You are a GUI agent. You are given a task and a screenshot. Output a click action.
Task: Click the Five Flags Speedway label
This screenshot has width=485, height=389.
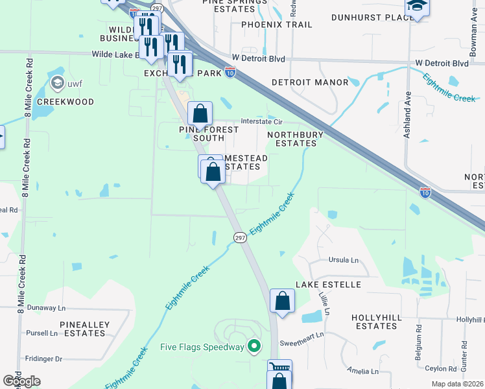click(202, 347)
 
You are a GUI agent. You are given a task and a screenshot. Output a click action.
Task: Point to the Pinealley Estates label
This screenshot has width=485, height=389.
click(84, 328)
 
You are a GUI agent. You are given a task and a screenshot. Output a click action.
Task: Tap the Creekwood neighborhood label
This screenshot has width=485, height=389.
click(65, 102)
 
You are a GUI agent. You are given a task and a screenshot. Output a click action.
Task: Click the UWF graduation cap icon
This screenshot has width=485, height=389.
click(58, 84)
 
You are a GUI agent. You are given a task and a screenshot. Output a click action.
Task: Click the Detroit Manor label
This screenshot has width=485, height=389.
click(310, 82)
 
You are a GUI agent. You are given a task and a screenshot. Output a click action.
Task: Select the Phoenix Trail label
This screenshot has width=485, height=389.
click(276, 25)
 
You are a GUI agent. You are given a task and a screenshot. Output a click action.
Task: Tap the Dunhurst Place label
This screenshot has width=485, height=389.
click(372, 17)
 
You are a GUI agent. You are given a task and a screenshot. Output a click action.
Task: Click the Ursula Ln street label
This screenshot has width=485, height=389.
click(344, 260)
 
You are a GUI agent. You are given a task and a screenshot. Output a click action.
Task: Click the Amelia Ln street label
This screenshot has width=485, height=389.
click(362, 371)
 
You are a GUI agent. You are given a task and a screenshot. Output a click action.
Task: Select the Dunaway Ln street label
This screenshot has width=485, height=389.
click(44, 308)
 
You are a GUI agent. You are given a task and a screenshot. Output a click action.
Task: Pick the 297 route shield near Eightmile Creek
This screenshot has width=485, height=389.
click(240, 239)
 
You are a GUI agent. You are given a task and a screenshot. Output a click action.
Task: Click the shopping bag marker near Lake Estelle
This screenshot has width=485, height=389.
click(282, 301)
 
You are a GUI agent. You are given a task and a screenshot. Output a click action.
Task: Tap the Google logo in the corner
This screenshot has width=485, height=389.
click(21, 381)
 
